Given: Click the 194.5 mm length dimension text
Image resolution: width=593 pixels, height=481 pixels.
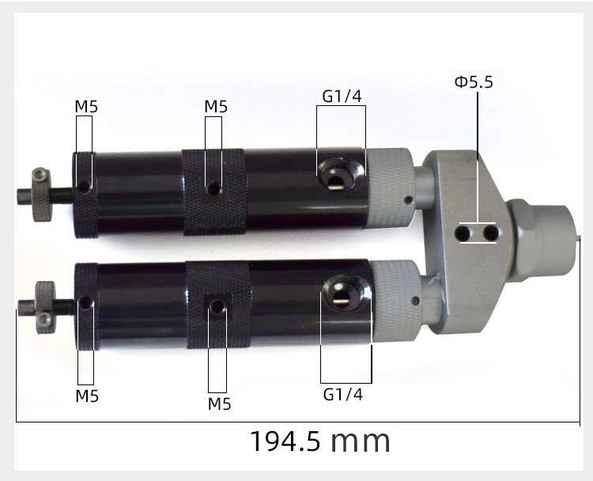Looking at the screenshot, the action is click(x=320, y=441).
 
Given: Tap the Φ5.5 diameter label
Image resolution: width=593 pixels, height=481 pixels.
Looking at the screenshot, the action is click(x=474, y=82).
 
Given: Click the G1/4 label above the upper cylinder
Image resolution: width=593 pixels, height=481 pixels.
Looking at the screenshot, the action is click(x=342, y=97).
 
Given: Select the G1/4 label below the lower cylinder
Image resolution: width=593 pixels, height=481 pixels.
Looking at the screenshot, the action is click(x=343, y=395).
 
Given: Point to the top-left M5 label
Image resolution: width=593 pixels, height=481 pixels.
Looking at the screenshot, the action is click(x=86, y=107).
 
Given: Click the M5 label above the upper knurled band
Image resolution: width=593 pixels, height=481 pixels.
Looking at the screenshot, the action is click(x=216, y=107).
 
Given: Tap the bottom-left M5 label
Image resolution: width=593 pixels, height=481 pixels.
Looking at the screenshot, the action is click(x=87, y=396).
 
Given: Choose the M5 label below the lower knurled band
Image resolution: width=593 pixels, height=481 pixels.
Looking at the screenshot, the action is click(x=219, y=404).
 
